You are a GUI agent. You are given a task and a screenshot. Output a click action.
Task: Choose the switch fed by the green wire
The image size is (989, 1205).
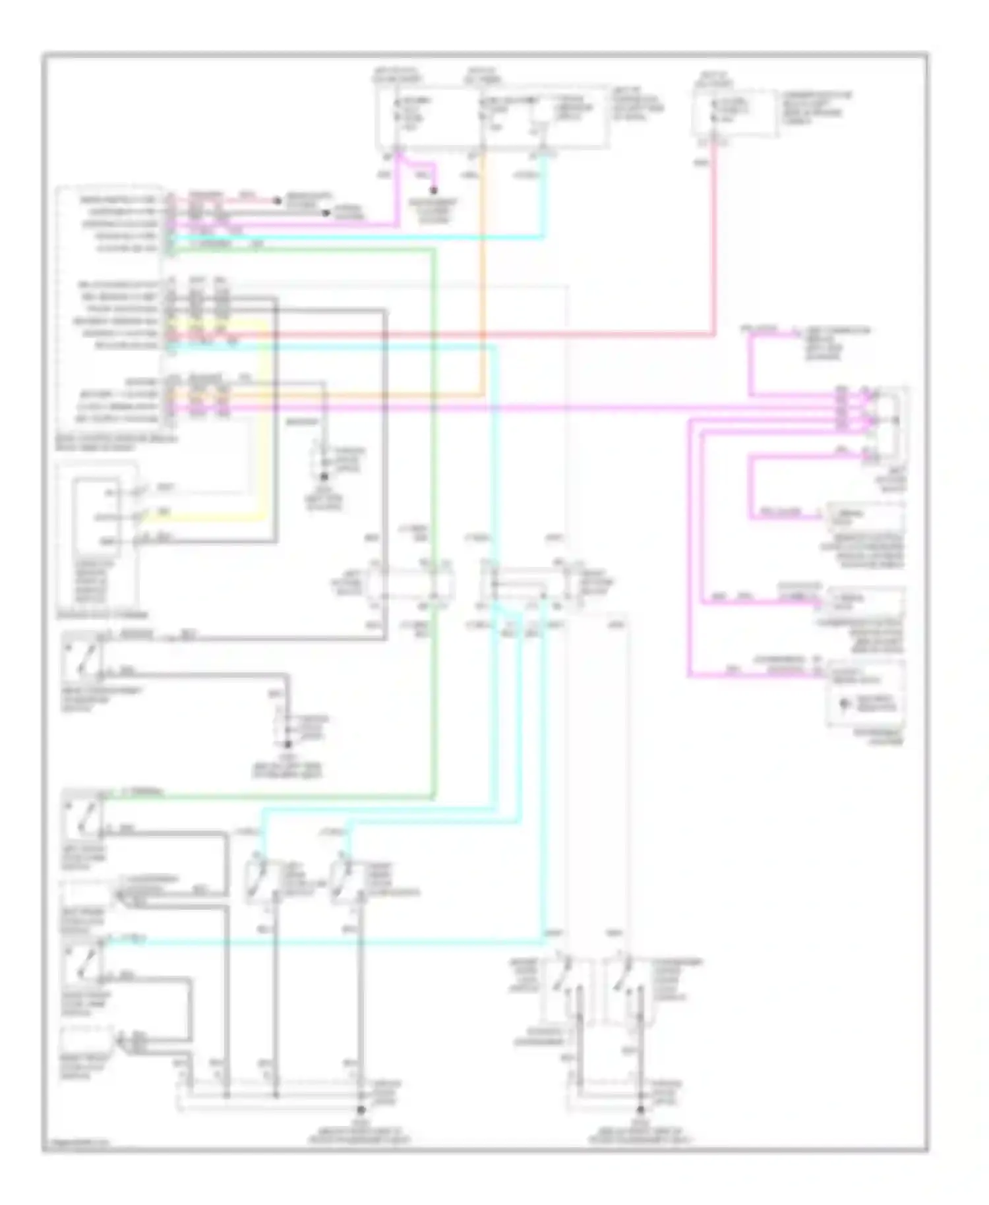pyautogui.click(x=82, y=817)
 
